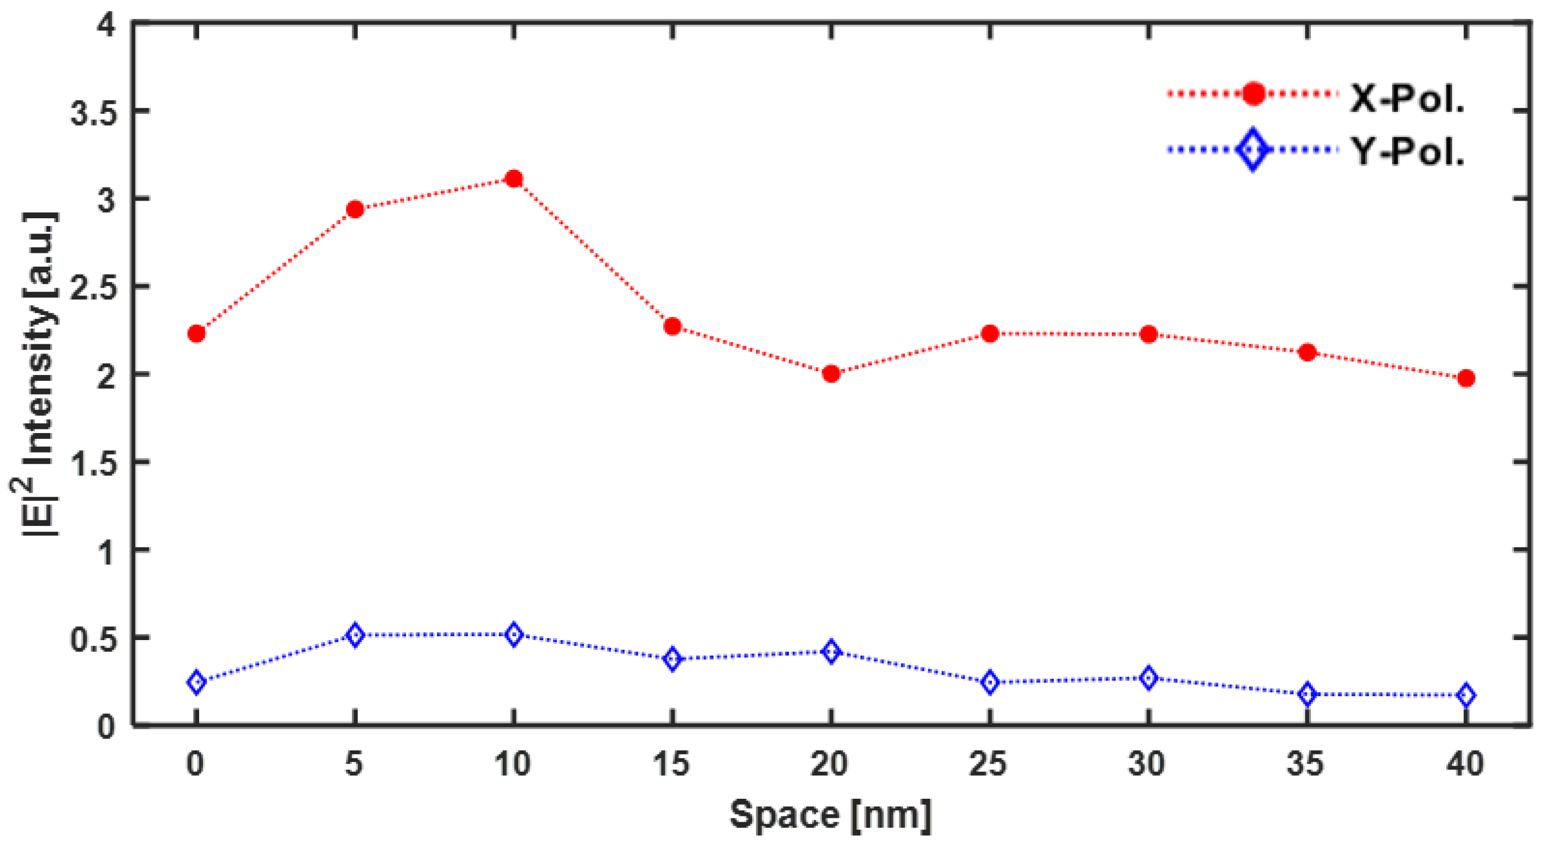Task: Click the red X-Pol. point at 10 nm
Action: pos(513,179)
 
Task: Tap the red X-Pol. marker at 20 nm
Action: pos(831,374)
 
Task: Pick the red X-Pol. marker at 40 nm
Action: pos(1466,378)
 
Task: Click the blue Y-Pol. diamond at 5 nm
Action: pos(355,635)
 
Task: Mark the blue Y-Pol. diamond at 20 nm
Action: pos(831,652)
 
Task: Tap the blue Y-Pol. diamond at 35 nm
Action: pos(1307,694)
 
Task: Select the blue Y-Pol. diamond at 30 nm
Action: pos(1148,678)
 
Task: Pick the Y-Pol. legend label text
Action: pos(1407,151)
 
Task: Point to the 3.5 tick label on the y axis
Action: pos(93,112)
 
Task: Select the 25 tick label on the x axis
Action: pos(988,764)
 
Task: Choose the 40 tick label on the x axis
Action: pos(1466,764)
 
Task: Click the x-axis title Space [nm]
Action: pos(830,814)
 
